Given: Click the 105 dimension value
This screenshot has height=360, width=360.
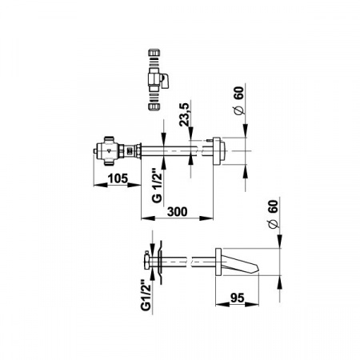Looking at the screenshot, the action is point(118,178).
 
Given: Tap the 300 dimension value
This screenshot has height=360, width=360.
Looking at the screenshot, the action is point(177,212).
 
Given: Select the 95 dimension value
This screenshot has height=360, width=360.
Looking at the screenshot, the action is point(237,298).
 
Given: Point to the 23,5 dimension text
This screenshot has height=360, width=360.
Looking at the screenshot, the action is point(184,114).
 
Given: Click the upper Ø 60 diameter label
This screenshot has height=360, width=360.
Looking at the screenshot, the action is point(239,100).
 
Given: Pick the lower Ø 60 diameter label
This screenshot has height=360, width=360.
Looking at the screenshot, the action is point(273,214).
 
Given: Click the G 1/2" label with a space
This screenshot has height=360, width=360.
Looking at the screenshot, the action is point(157,185).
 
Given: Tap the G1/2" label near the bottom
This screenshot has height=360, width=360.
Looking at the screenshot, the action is point(146,295).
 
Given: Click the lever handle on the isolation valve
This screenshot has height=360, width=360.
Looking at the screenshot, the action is point(166,81).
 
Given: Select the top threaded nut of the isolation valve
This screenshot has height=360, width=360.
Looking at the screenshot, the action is point(154,52).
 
